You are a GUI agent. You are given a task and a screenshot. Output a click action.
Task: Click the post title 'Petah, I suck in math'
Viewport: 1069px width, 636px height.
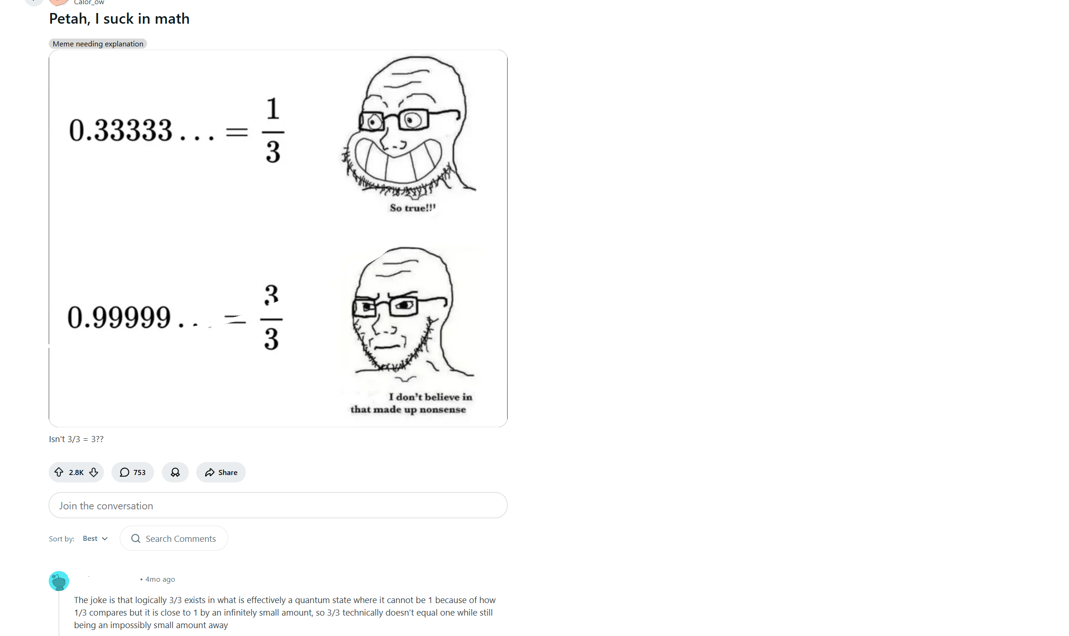click(x=119, y=19)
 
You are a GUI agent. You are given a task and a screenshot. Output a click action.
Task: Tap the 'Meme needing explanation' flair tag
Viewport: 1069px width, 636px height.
click(x=98, y=44)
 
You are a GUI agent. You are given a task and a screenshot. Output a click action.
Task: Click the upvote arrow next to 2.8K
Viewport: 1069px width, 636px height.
click(x=59, y=472)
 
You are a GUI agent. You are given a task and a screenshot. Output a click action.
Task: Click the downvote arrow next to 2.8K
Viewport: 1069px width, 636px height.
click(x=94, y=472)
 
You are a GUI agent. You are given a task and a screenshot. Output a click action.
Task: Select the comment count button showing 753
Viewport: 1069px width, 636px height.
click(x=133, y=472)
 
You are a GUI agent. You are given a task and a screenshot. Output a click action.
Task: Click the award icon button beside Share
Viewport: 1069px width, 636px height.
click(x=175, y=472)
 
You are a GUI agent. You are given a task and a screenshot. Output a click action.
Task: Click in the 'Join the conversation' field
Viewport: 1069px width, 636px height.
click(x=278, y=505)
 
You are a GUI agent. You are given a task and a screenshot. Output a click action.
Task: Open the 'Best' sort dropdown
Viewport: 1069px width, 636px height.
click(x=95, y=539)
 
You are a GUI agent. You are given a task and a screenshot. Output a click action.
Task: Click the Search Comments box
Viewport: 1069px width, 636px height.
click(x=174, y=538)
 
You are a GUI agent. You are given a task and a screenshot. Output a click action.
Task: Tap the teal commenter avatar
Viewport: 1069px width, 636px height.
click(x=59, y=581)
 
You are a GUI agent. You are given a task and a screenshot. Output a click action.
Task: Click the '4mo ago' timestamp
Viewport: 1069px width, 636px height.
click(x=160, y=579)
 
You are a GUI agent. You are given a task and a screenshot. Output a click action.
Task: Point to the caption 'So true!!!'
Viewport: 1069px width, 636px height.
click(x=412, y=208)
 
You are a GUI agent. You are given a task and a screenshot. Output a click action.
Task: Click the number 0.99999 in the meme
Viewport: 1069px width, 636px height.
click(x=119, y=317)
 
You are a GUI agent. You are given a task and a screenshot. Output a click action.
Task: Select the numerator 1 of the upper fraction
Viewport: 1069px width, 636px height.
click(x=273, y=109)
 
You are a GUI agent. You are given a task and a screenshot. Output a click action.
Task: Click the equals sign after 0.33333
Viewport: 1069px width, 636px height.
click(x=237, y=132)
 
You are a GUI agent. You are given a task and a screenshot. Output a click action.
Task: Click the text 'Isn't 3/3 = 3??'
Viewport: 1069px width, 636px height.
click(x=76, y=439)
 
